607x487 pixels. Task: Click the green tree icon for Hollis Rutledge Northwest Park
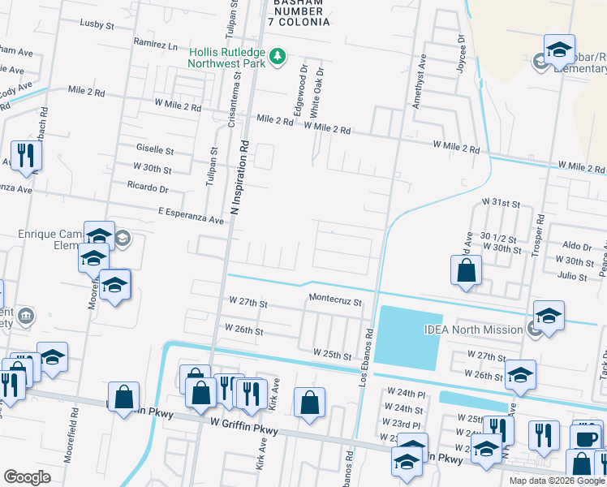click(x=278, y=56)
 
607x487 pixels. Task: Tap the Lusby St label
click(x=97, y=25)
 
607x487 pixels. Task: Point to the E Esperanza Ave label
click(x=190, y=219)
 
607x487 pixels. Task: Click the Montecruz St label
click(x=334, y=298)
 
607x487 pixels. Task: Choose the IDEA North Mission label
click(x=473, y=330)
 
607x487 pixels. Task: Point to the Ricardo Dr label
click(x=148, y=188)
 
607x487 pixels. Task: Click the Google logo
click(x=27, y=476)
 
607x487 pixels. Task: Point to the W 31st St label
click(x=500, y=200)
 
